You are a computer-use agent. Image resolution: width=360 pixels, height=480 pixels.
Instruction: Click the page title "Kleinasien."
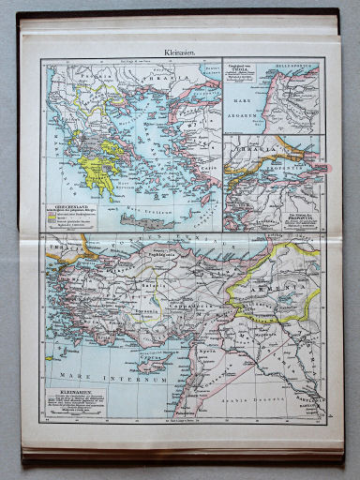(180, 52)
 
